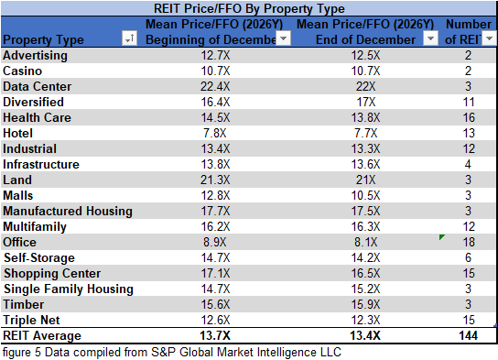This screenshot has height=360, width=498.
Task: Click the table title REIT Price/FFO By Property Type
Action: click(248, 8)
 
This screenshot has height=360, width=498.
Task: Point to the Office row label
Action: click(21, 242)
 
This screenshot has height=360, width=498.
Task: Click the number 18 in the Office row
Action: click(468, 242)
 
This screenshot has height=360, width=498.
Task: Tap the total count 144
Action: click(468, 335)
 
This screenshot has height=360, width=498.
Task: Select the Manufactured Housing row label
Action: click(68, 211)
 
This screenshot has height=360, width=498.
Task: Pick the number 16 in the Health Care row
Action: click(468, 117)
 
